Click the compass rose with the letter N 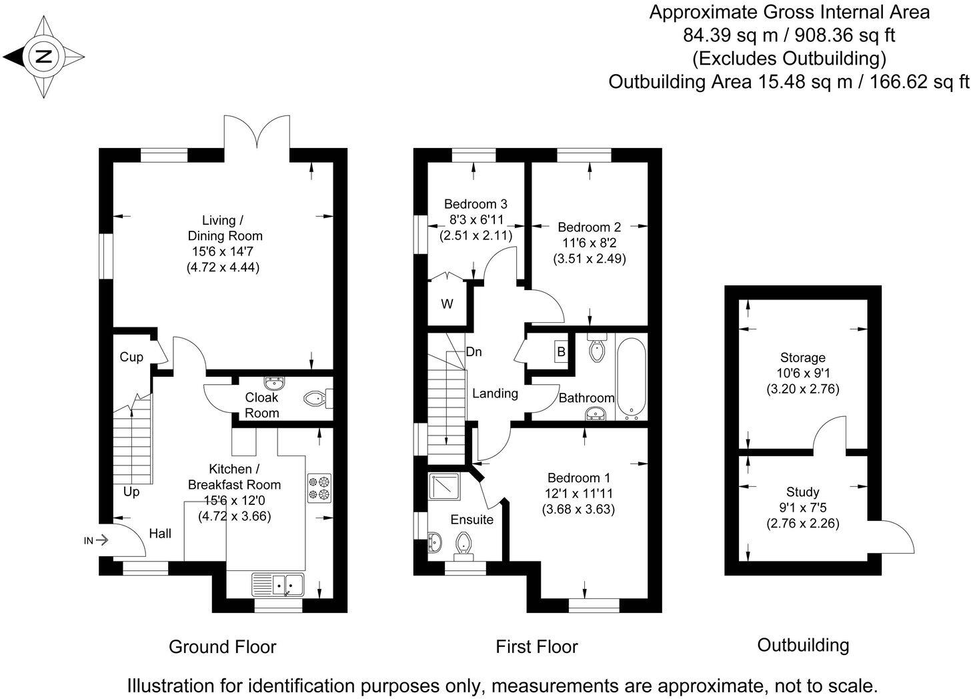(x=44, y=57)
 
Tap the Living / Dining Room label (x=224, y=228)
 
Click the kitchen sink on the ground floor (x=278, y=584)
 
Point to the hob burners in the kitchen (x=319, y=488)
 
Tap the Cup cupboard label (x=131, y=358)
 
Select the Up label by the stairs (x=131, y=492)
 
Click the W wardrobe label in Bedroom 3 (x=447, y=304)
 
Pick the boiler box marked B (x=561, y=351)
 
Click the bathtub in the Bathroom (x=631, y=377)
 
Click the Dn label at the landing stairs (x=473, y=352)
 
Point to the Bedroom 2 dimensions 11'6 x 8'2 (x=589, y=243)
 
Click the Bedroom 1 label (x=578, y=478)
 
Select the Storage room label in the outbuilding (x=802, y=358)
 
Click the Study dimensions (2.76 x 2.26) (x=802, y=524)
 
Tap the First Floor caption (x=536, y=646)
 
